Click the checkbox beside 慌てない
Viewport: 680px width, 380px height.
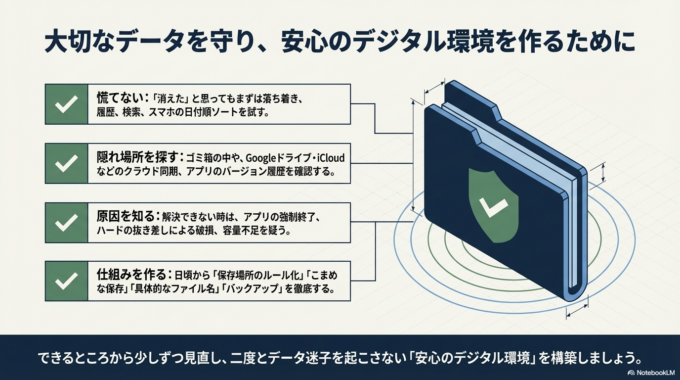click(x=67, y=104)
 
